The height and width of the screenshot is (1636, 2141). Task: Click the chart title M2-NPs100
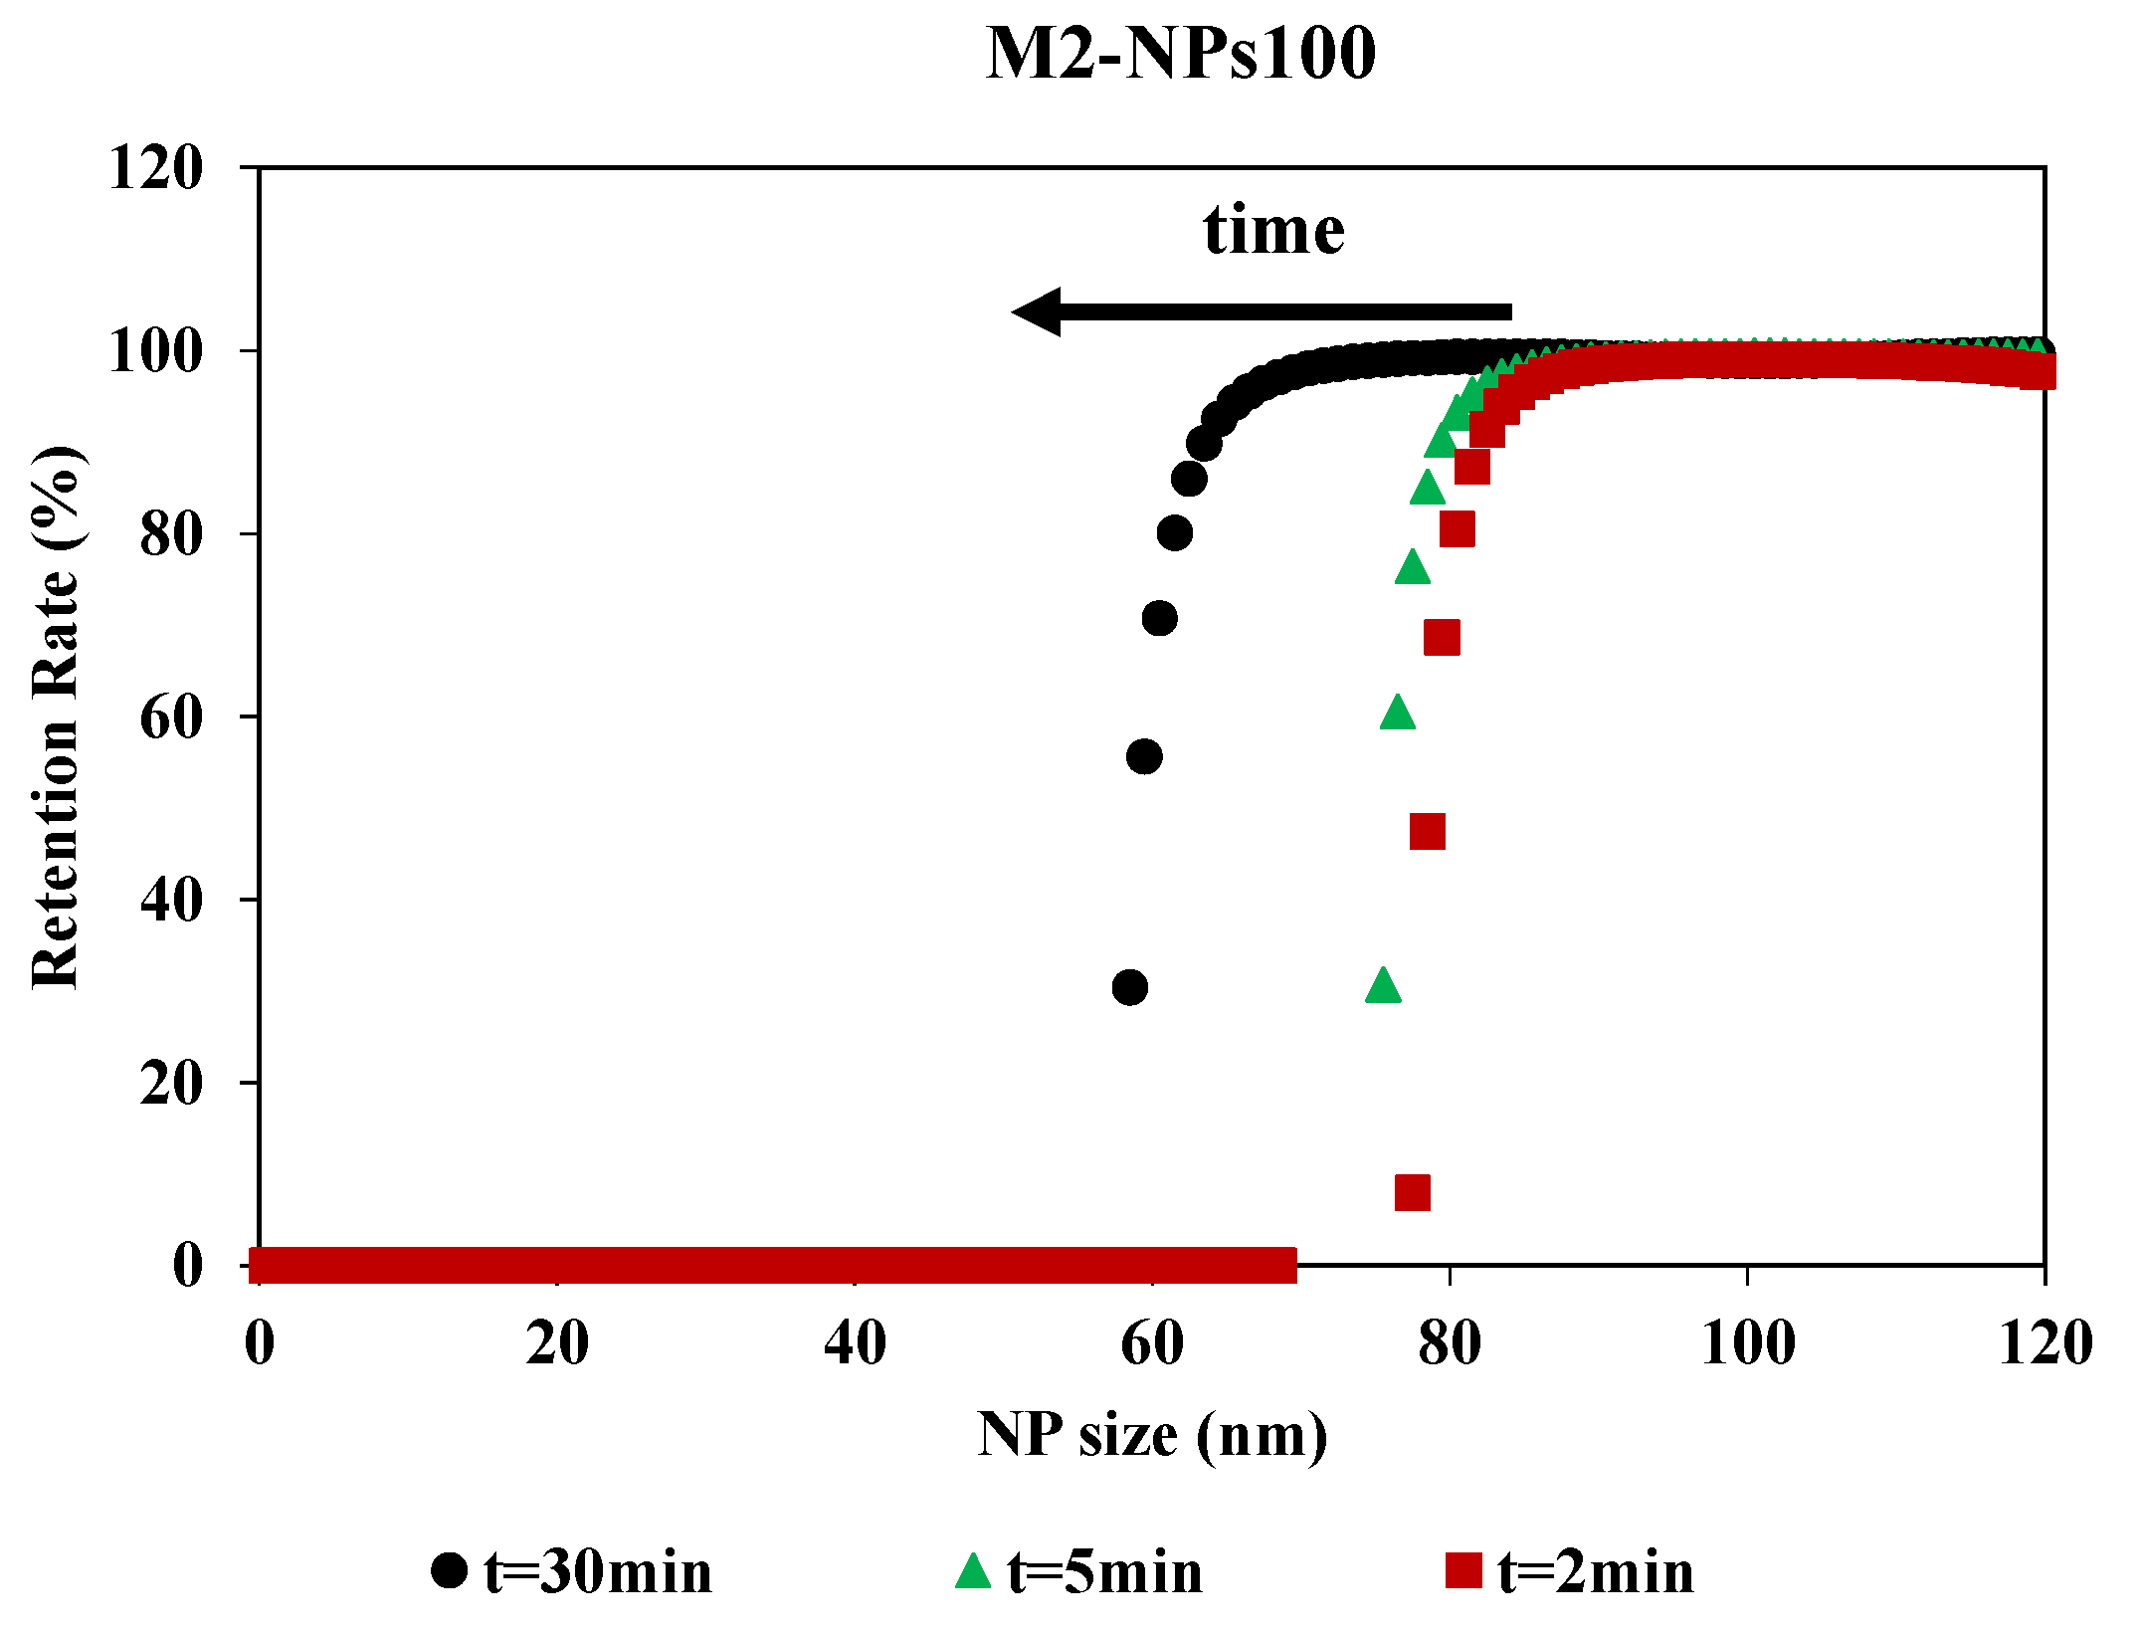(x=1181, y=54)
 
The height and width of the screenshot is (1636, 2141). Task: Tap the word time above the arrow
(x=1273, y=230)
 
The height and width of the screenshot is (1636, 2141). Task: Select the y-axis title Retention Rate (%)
(x=58, y=716)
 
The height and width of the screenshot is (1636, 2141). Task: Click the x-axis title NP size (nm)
(x=1152, y=1435)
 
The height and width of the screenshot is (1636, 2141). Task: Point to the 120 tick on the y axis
(x=155, y=167)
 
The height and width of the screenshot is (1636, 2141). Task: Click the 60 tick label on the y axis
(x=171, y=717)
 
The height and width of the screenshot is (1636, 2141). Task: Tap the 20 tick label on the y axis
(x=171, y=1083)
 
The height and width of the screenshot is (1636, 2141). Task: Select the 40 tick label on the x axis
(x=855, y=1343)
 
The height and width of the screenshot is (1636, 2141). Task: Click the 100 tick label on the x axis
(x=1748, y=1343)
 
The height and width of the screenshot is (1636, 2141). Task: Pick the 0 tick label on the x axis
(x=260, y=1343)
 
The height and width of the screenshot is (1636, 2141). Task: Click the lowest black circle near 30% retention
(x=1129, y=987)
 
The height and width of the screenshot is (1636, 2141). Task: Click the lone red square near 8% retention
(x=1413, y=1192)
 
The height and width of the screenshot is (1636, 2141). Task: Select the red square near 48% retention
(x=1428, y=831)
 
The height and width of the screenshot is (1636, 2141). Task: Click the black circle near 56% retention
(x=1144, y=756)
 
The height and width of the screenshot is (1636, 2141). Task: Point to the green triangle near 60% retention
(x=1398, y=714)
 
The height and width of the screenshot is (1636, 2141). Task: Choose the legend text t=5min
(x=1104, y=1573)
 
